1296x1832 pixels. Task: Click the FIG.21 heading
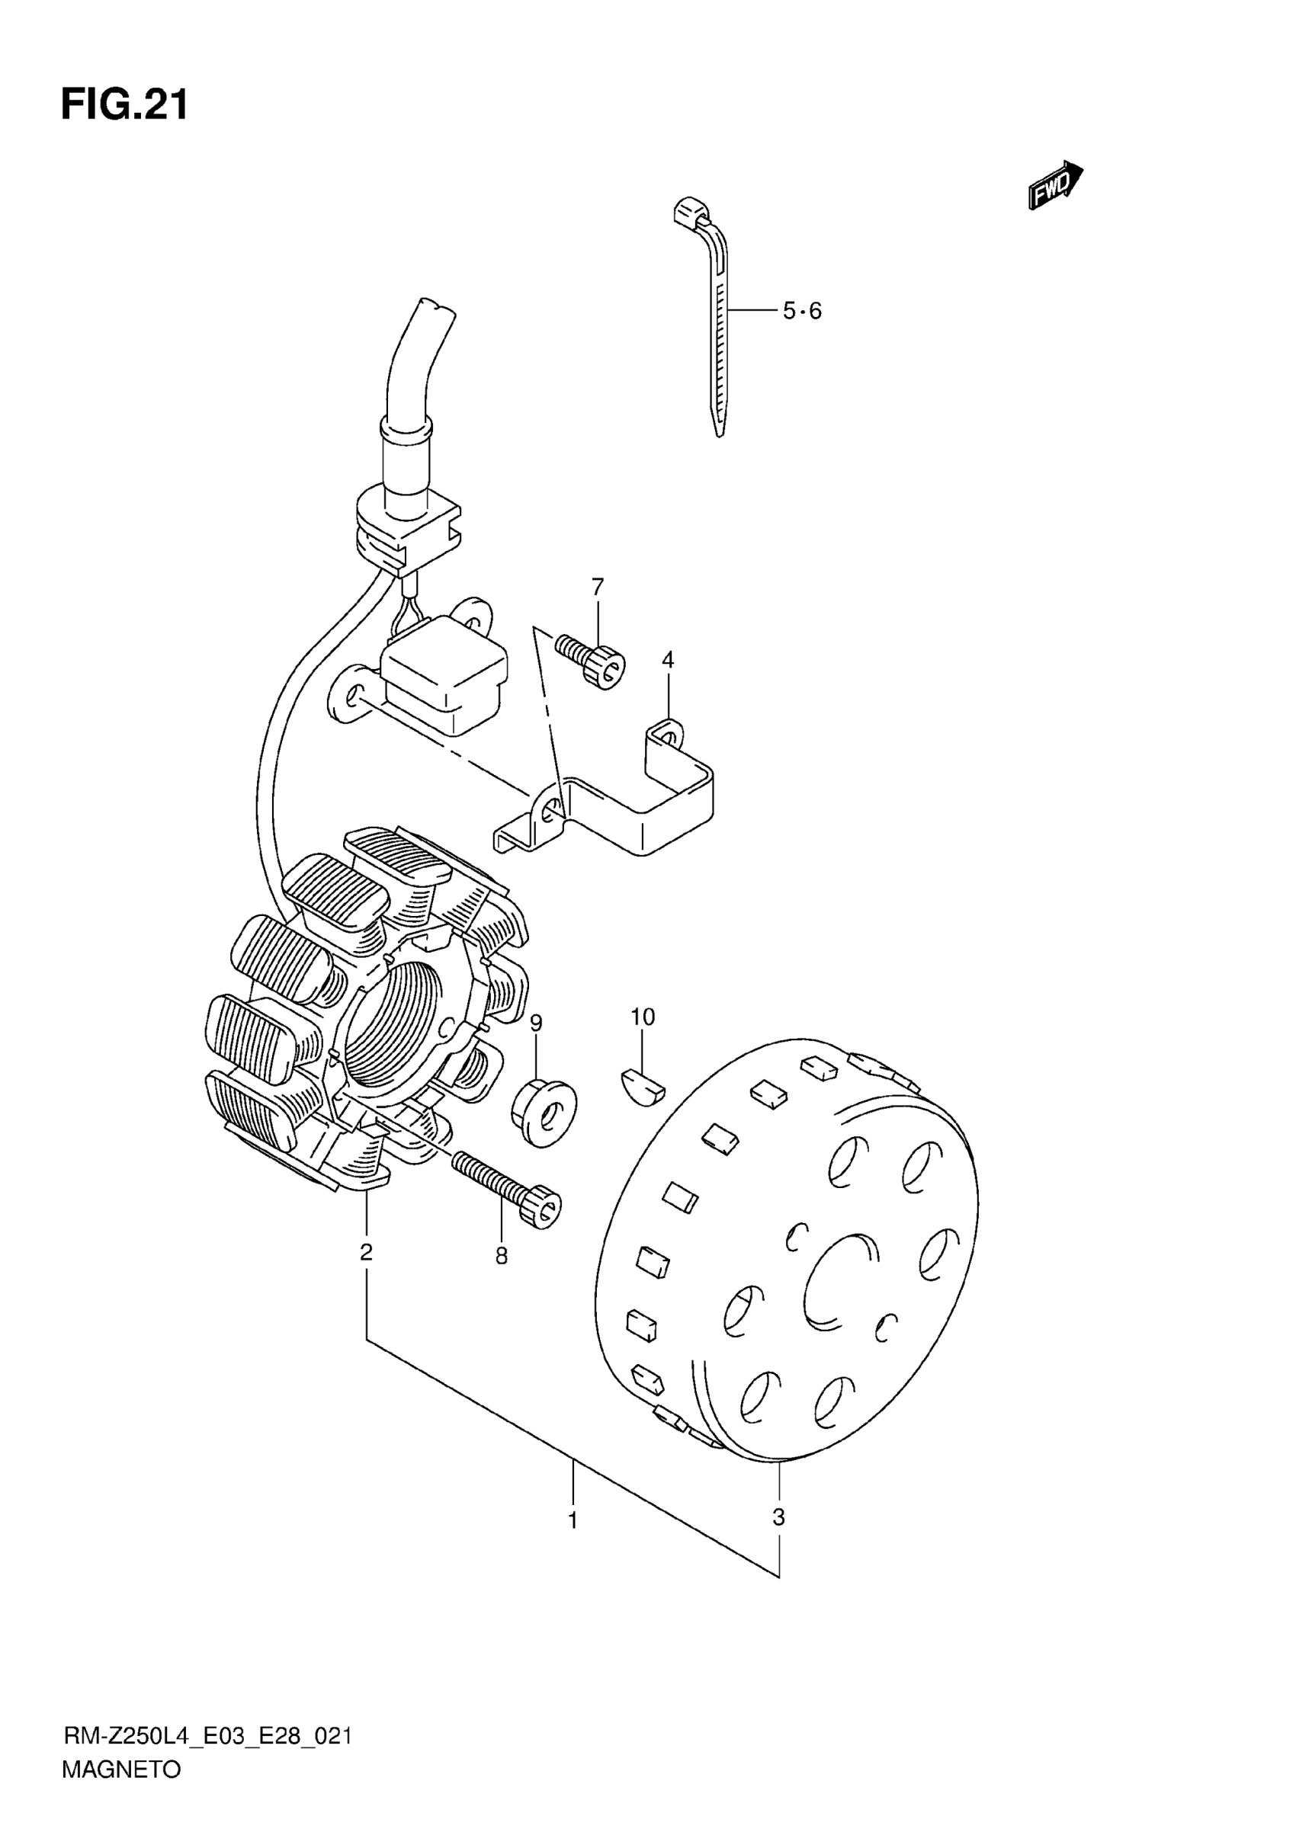click(x=124, y=104)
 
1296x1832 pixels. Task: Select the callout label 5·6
click(x=801, y=311)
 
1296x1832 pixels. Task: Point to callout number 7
click(x=598, y=587)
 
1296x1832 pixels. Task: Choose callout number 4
click(x=668, y=660)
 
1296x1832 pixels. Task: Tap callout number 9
click(x=536, y=1023)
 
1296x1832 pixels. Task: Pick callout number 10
click(x=643, y=1017)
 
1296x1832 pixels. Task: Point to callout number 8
click(x=501, y=1257)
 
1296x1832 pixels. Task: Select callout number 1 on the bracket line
click(x=573, y=1521)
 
